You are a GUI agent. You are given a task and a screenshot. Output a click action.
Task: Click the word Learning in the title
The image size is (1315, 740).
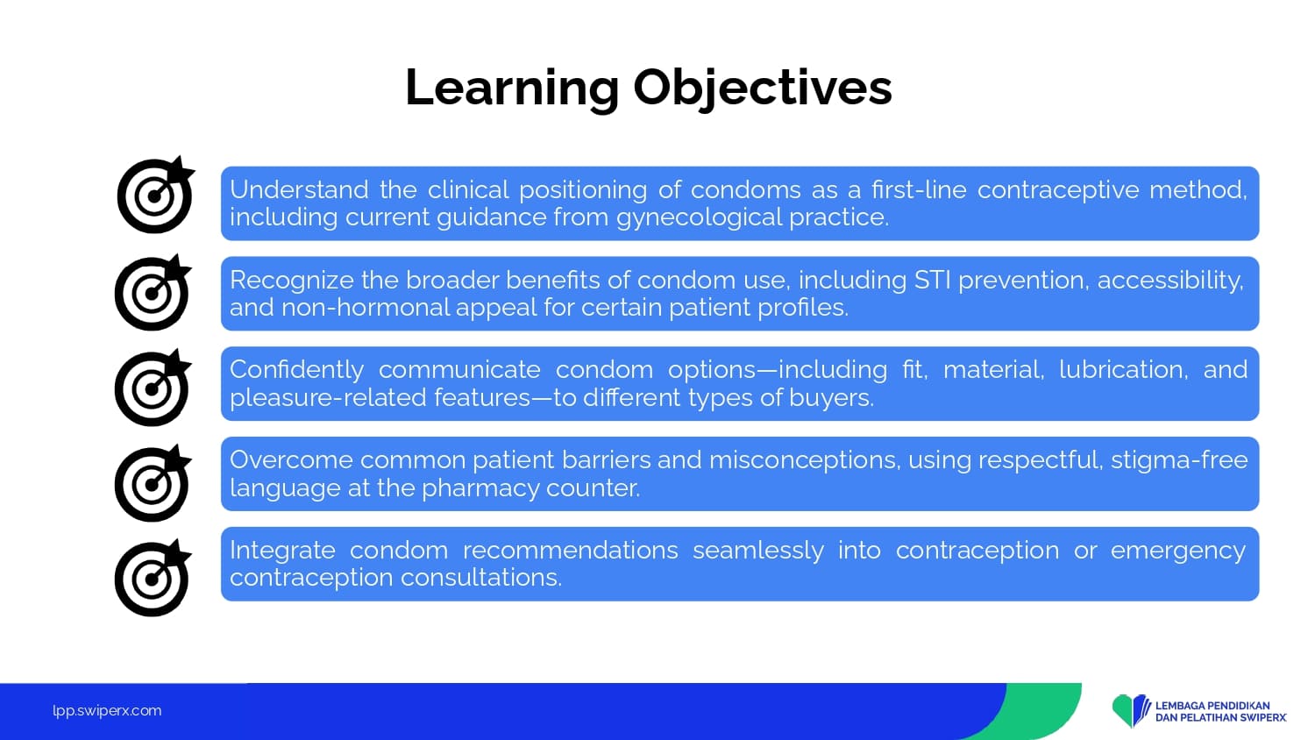[512, 88]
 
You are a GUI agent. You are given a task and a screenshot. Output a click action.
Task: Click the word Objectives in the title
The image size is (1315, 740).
[763, 88]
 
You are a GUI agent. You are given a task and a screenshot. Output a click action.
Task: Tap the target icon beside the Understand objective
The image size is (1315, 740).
[156, 195]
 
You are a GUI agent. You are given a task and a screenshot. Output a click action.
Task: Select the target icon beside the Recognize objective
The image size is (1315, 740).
[153, 293]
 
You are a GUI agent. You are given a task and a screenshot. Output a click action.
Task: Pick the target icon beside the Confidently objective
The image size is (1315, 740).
[153, 388]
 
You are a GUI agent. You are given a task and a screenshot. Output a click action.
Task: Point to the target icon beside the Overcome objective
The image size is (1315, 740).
[153, 483]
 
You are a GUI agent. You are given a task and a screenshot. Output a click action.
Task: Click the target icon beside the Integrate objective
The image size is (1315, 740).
[153, 578]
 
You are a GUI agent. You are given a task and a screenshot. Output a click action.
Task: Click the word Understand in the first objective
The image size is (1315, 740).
[299, 189]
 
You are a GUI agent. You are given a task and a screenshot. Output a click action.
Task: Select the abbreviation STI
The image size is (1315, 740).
[932, 281]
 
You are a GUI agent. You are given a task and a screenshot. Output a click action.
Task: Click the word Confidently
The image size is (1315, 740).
[296, 370]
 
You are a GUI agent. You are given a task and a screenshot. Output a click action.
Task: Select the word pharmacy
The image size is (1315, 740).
[480, 488]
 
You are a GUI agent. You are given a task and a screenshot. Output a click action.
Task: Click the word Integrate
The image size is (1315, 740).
[282, 551]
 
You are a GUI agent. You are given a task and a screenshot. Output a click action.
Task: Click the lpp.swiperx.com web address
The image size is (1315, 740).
[107, 711]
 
